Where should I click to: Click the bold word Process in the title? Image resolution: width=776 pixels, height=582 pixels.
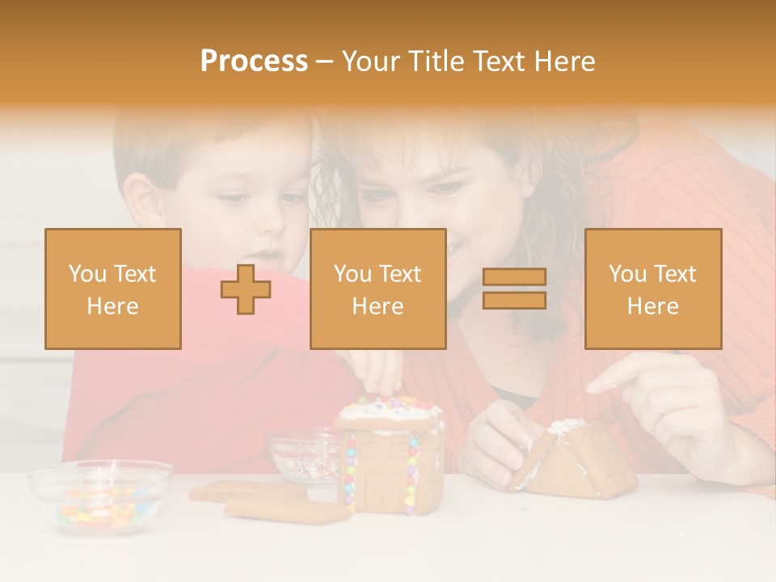(254, 61)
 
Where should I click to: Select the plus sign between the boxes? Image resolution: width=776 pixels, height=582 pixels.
(246, 289)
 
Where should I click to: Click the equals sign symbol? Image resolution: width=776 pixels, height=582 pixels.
(514, 289)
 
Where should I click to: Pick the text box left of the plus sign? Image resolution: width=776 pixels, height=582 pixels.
(113, 289)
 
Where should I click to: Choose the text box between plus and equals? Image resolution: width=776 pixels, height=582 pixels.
(377, 289)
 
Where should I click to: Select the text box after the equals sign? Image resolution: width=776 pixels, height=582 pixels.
(652, 289)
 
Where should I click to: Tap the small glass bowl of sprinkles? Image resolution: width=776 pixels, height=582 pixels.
(303, 457)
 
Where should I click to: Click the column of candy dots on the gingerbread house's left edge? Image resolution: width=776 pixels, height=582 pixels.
(351, 473)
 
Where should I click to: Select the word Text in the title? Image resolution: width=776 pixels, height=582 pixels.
(500, 61)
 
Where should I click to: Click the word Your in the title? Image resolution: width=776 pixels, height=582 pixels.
(369, 61)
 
